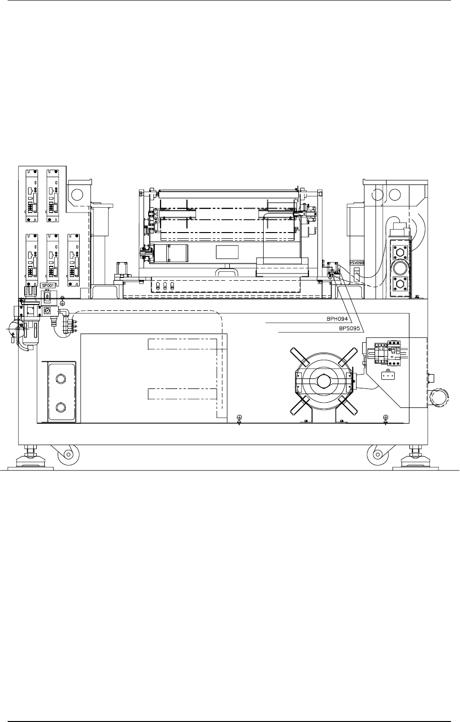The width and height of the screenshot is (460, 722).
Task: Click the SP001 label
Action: click(48, 285)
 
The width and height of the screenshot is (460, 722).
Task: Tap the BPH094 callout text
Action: click(337, 319)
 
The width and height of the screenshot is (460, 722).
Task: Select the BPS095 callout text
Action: click(349, 329)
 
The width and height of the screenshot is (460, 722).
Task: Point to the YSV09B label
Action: click(357, 263)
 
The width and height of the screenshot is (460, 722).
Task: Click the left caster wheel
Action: click(68, 454)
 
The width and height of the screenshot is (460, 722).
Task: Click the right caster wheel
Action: click(378, 454)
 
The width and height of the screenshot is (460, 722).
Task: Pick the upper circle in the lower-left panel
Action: click(60, 379)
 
